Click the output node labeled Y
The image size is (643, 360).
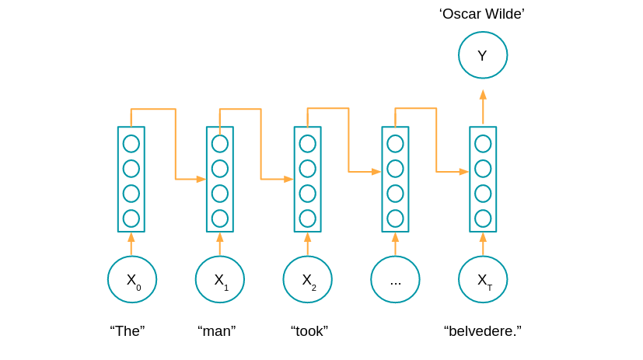tap(482, 55)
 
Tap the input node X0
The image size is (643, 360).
tap(132, 279)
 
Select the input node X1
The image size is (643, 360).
tap(220, 279)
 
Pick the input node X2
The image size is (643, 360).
tap(308, 279)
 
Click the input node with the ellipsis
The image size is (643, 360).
tap(395, 279)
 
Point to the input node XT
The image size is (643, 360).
tap(483, 279)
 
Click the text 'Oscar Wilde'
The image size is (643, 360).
tap(482, 13)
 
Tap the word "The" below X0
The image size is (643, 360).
tap(128, 331)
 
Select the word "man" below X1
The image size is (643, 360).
tap(217, 331)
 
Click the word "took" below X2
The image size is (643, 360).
tap(309, 331)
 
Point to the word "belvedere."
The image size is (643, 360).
tap(483, 331)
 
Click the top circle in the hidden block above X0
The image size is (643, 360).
tap(131, 144)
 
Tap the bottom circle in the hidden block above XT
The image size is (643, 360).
tap(483, 218)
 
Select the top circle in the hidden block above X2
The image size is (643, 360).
tap(308, 144)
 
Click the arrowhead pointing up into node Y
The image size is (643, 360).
tap(483, 94)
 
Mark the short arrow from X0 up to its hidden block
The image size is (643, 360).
tap(131, 243)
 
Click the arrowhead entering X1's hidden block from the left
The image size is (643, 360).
tap(201, 180)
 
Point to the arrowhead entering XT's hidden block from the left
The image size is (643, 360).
tap(464, 172)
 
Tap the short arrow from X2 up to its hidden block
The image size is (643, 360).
tap(308, 243)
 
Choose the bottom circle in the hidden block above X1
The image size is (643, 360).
tap(220, 218)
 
